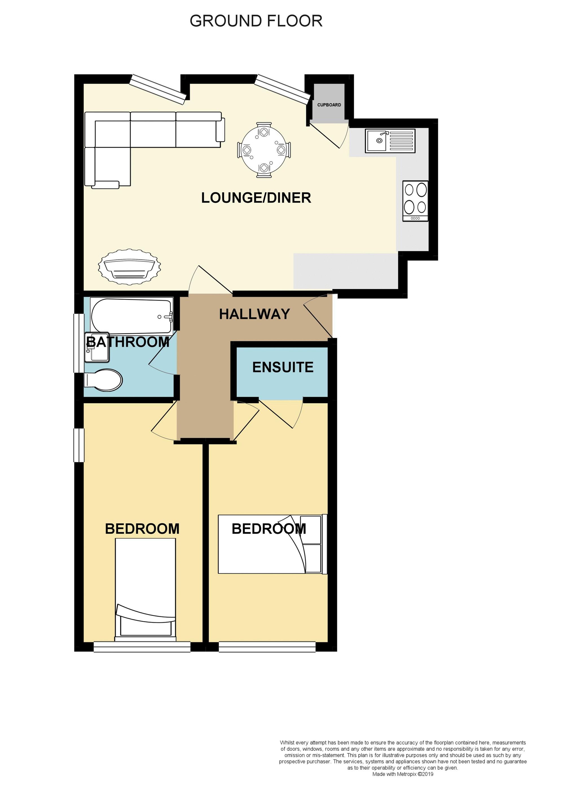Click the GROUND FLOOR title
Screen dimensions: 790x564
pyautogui.click(x=256, y=21)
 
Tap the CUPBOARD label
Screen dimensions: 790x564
pyautogui.click(x=329, y=105)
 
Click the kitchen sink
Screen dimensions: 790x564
pyautogui.click(x=390, y=141)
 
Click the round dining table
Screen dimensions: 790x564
pyautogui.click(x=264, y=150)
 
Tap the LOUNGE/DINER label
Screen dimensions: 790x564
pyautogui.click(x=256, y=198)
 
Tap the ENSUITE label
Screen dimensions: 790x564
pyautogui.click(x=283, y=367)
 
